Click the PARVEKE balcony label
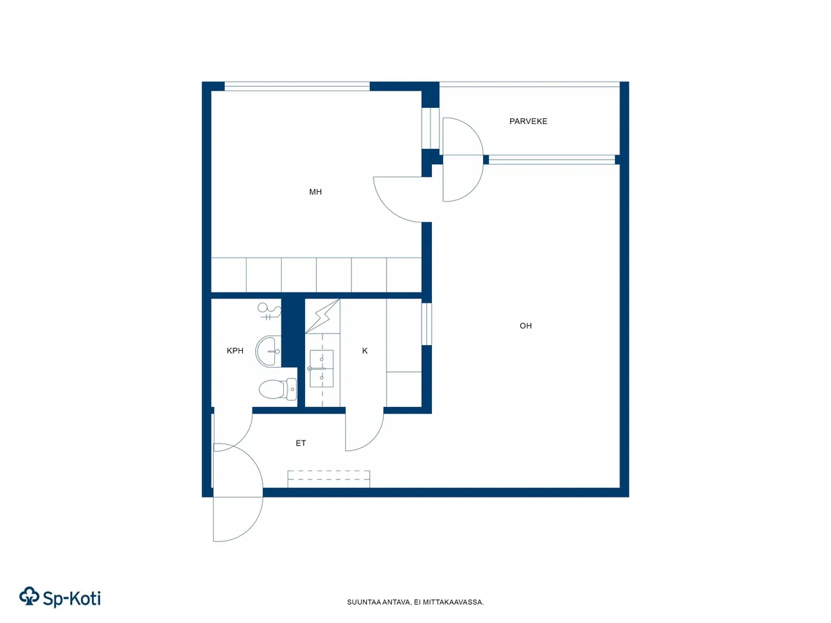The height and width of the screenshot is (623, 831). click(x=527, y=121)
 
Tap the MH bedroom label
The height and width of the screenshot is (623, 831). click(x=315, y=192)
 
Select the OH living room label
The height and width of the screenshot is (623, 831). click(x=525, y=326)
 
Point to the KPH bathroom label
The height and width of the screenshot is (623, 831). click(x=235, y=351)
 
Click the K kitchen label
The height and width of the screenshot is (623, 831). click(x=365, y=351)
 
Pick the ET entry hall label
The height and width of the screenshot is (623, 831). click(x=301, y=444)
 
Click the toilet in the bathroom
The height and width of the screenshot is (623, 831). click(x=278, y=390)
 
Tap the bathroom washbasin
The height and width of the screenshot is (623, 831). click(x=268, y=351)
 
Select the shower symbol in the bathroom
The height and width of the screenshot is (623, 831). click(x=269, y=311)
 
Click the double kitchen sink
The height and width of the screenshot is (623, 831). click(x=321, y=368)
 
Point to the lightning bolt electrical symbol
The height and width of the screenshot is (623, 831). click(x=322, y=317)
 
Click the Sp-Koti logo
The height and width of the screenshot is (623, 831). click(x=60, y=597)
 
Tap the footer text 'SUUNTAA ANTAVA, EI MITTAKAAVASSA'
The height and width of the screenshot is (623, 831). click(x=415, y=603)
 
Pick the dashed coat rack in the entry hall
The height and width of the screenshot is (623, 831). click(x=328, y=479)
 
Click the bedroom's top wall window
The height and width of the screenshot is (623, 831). click(x=297, y=86)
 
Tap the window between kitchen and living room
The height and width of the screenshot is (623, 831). click(x=426, y=324)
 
